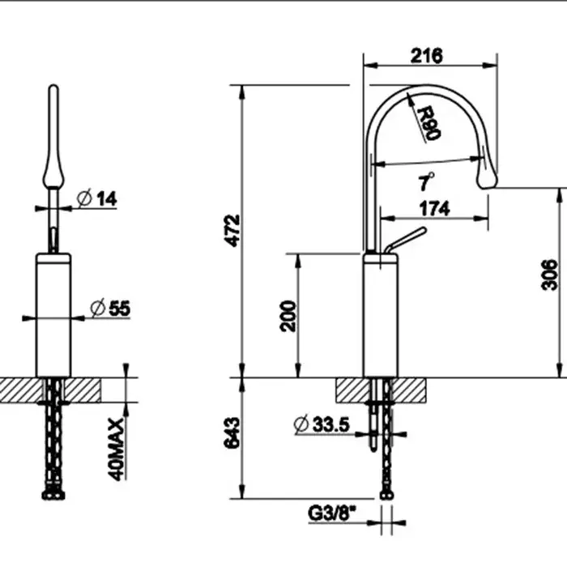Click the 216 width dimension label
pyautogui.click(x=426, y=56)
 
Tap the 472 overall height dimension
pyautogui.click(x=232, y=231)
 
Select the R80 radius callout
pyautogui.click(x=428, y=123)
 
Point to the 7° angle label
pyautogui.click(x=426, y=181)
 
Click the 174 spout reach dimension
pyautogui.click(x=435, y=208)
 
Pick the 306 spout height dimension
pyautogui.click(x=550, y=275)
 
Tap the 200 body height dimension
pyautogui.click(x=288, y=316)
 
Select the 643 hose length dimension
pyautogui.click(x=232, y=433)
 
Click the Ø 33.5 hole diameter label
pyautogui.click(x=322, y=424)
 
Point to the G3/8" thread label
pyautogui.click(x=332, y=513)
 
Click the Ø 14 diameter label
pyautogui.click(x=97, y=198)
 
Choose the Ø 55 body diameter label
pyautogui.click(x=110, y=308)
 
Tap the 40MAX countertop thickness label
pyautogui.click(x=117, y=450)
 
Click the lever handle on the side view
pyautogui.click(x=405, y=241)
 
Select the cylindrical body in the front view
pyautogui.click(x=53, y=315)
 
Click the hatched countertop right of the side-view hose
pyautogui.click(x=409, y=390)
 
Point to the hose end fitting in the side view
pyautogui.click(x=386, y=495)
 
